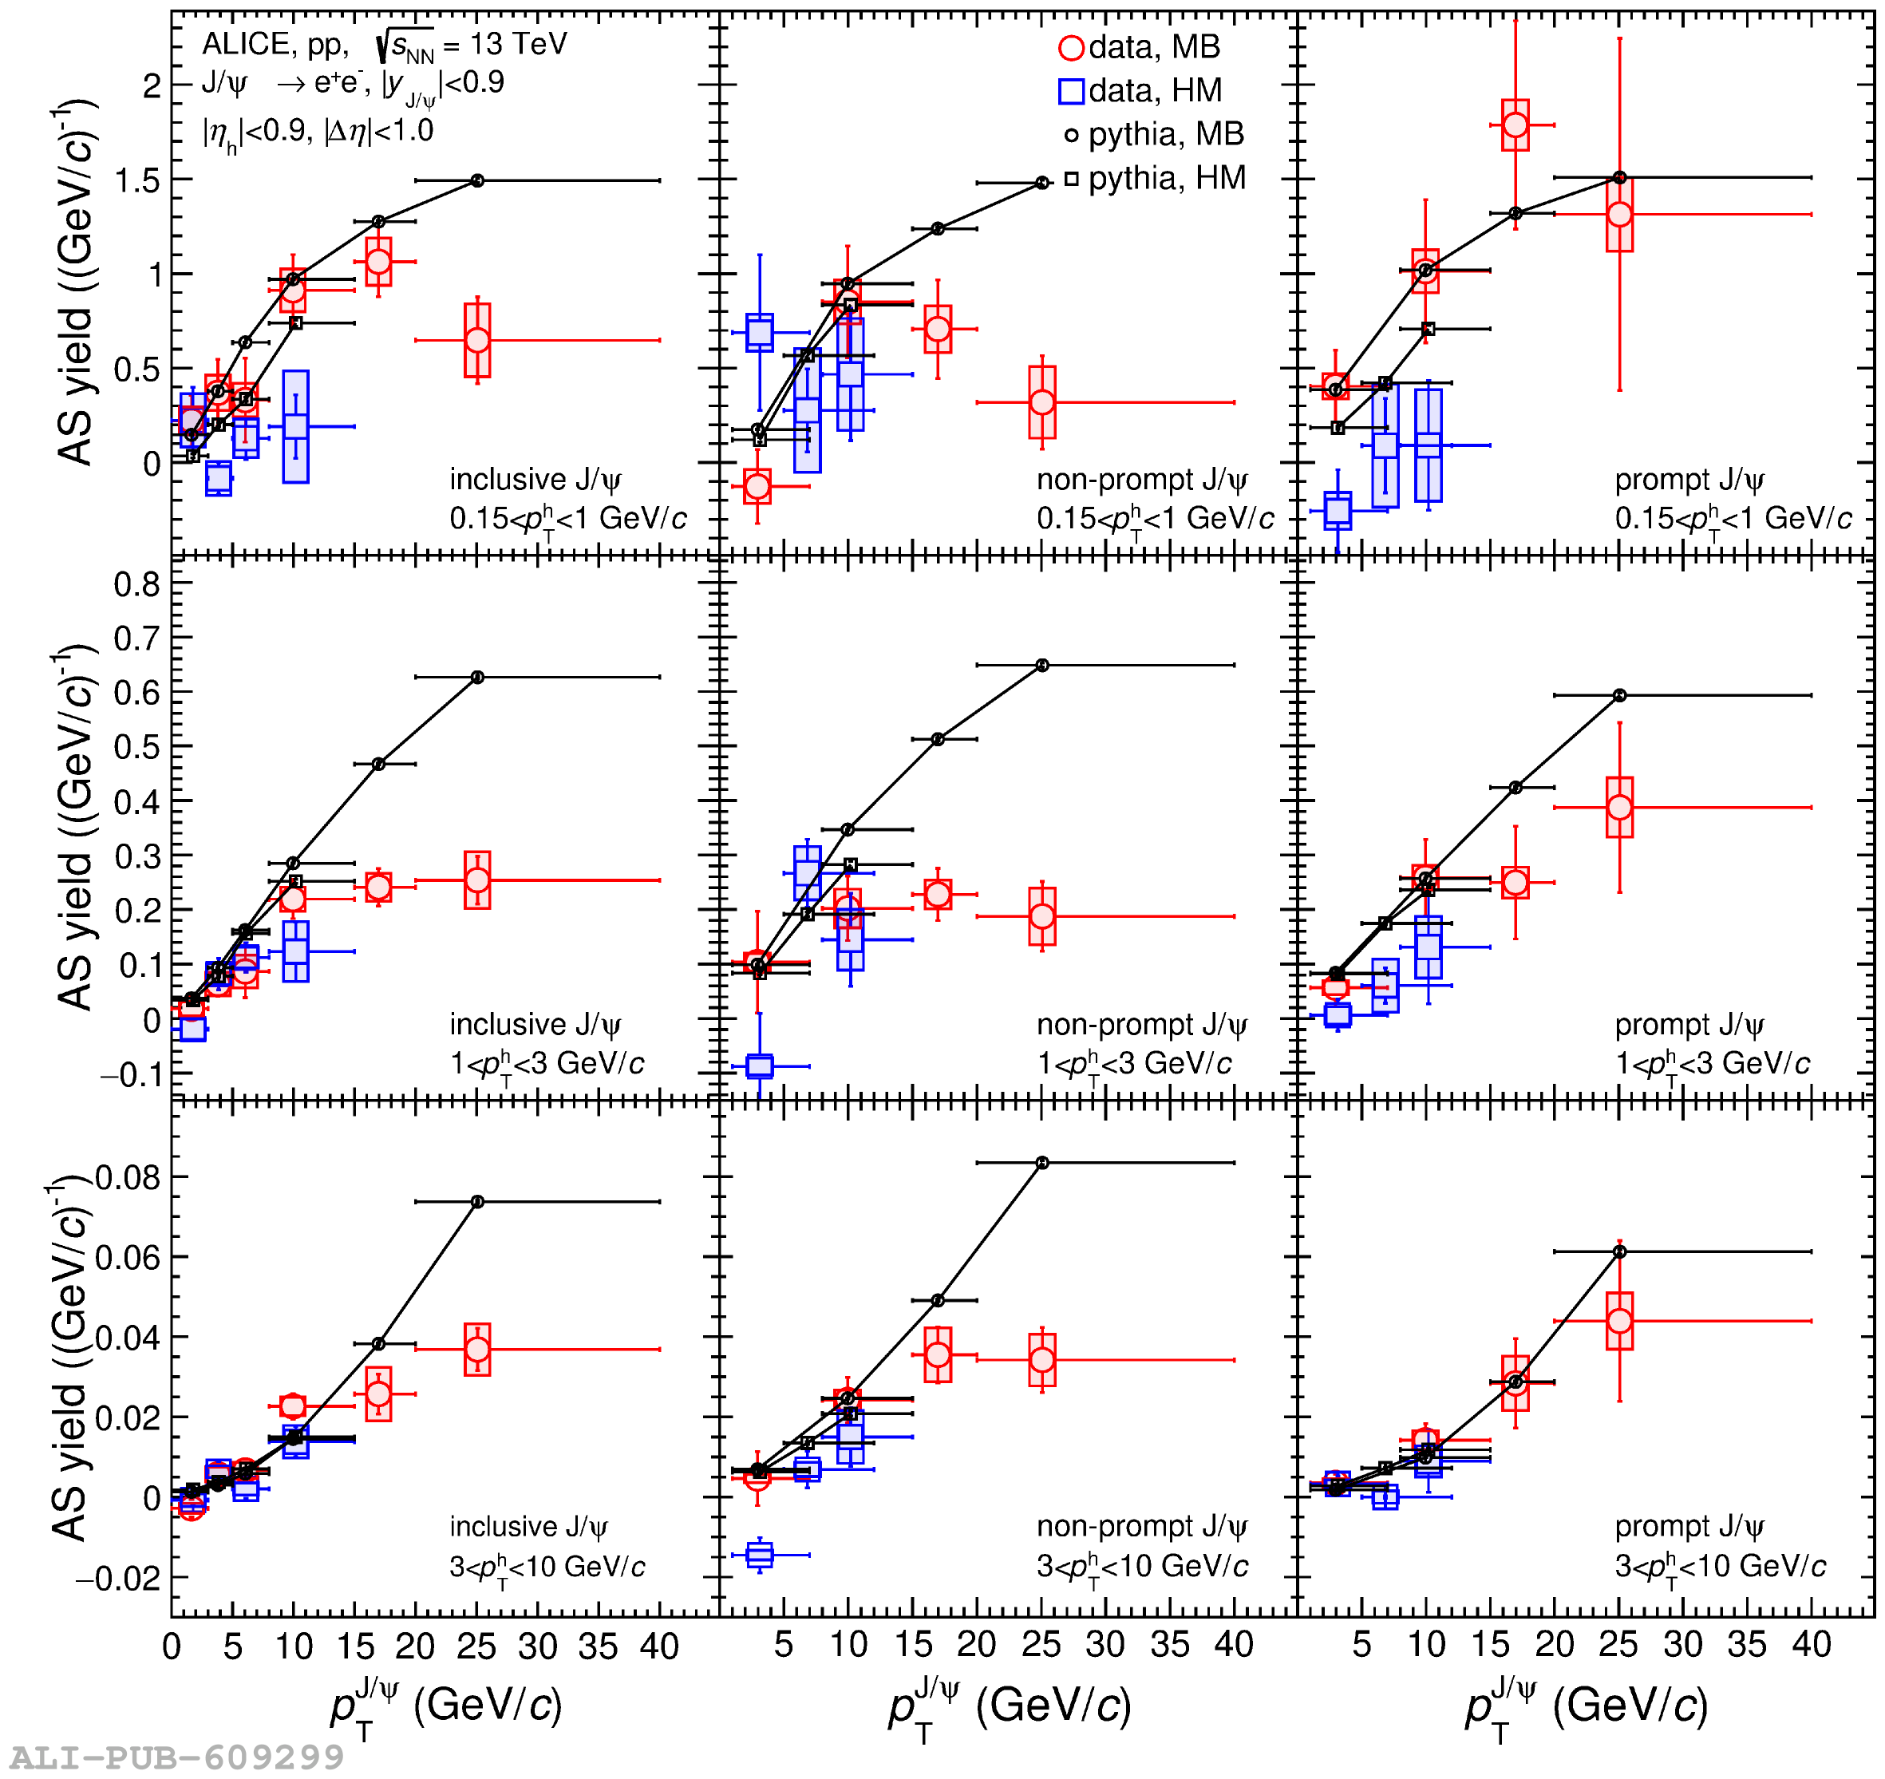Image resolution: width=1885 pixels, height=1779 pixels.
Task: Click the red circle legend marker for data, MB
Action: click(x=1070, y=47)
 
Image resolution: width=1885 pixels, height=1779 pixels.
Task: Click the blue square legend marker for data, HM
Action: click(x=1070, y=91)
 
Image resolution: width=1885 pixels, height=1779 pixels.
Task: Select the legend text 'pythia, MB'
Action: click(x=1165, y=135)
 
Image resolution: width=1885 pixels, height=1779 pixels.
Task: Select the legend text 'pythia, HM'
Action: click(x=1166, y=178)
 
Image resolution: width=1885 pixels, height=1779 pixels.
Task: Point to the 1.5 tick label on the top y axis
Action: click(x=137, y=181)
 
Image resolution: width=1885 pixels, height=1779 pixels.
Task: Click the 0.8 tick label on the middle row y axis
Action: click(x=137, y=585)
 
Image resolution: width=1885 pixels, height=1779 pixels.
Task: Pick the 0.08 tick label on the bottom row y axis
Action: click(x=128, y=1178)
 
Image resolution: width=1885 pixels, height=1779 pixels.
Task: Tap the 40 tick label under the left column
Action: click(x=659, y=1647)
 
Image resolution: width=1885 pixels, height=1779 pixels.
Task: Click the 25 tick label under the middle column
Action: click(x=1041, y=1645)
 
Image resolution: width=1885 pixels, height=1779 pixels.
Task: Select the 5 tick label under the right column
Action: click(x=1361, y=1645)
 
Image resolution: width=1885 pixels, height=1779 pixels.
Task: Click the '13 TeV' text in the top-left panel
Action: click(x=518, y=45)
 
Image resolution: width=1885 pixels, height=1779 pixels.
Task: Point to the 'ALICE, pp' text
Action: click(x=275, y=45)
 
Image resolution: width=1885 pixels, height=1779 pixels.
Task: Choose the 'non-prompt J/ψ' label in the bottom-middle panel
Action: click(x=1142, y=1526)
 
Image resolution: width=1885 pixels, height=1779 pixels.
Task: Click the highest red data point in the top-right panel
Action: click(x=1516, y=125)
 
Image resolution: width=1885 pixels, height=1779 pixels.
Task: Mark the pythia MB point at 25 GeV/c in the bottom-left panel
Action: click(x=478, y=1203)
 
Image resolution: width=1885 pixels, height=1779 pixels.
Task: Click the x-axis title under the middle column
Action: click(x=1009, y=1707)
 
